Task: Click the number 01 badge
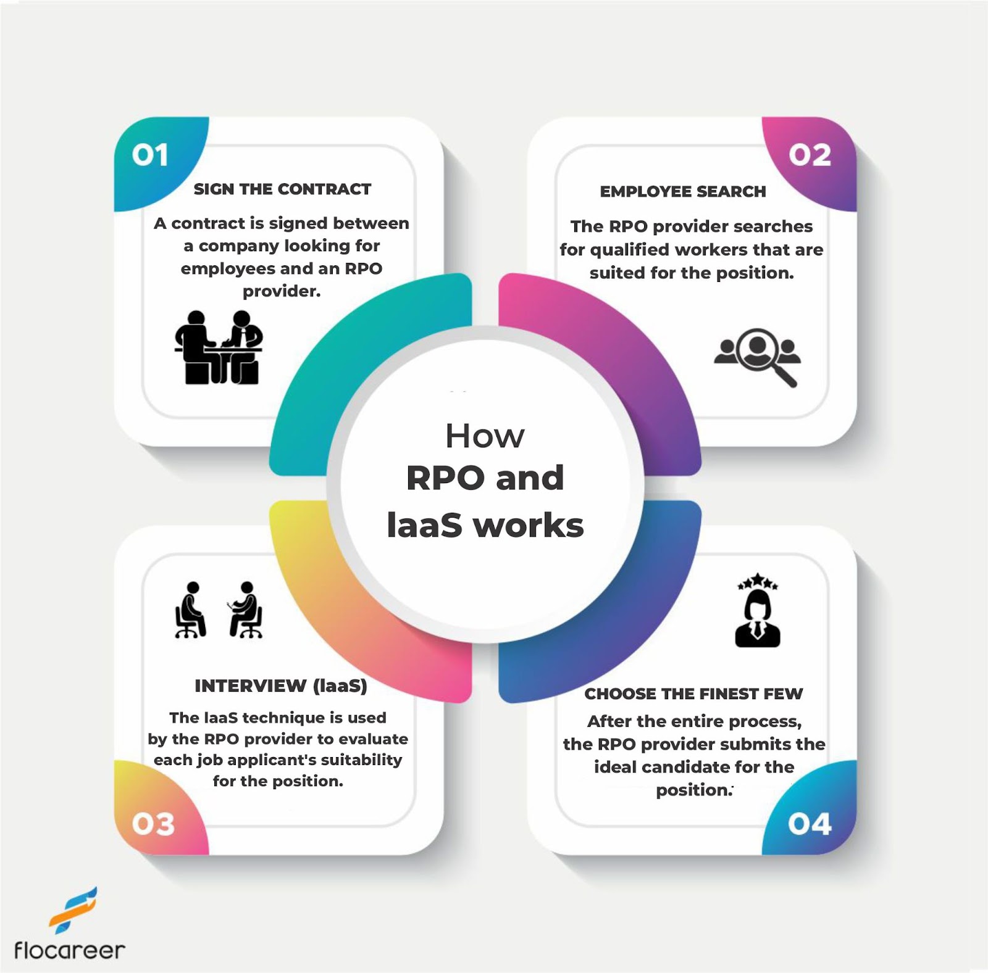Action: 150,155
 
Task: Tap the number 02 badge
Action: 810,155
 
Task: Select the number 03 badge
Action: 153,824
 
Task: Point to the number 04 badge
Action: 810,824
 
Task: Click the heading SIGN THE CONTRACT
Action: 282,189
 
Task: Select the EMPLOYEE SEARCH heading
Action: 682,192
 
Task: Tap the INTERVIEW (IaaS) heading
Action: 281,686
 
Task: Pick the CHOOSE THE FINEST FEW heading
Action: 693,694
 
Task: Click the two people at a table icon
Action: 219,347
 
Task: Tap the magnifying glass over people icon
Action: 758,356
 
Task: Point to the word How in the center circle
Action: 485,437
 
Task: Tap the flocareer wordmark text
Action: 69,950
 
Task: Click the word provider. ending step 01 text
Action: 282,291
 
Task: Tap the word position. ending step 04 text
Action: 693,790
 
